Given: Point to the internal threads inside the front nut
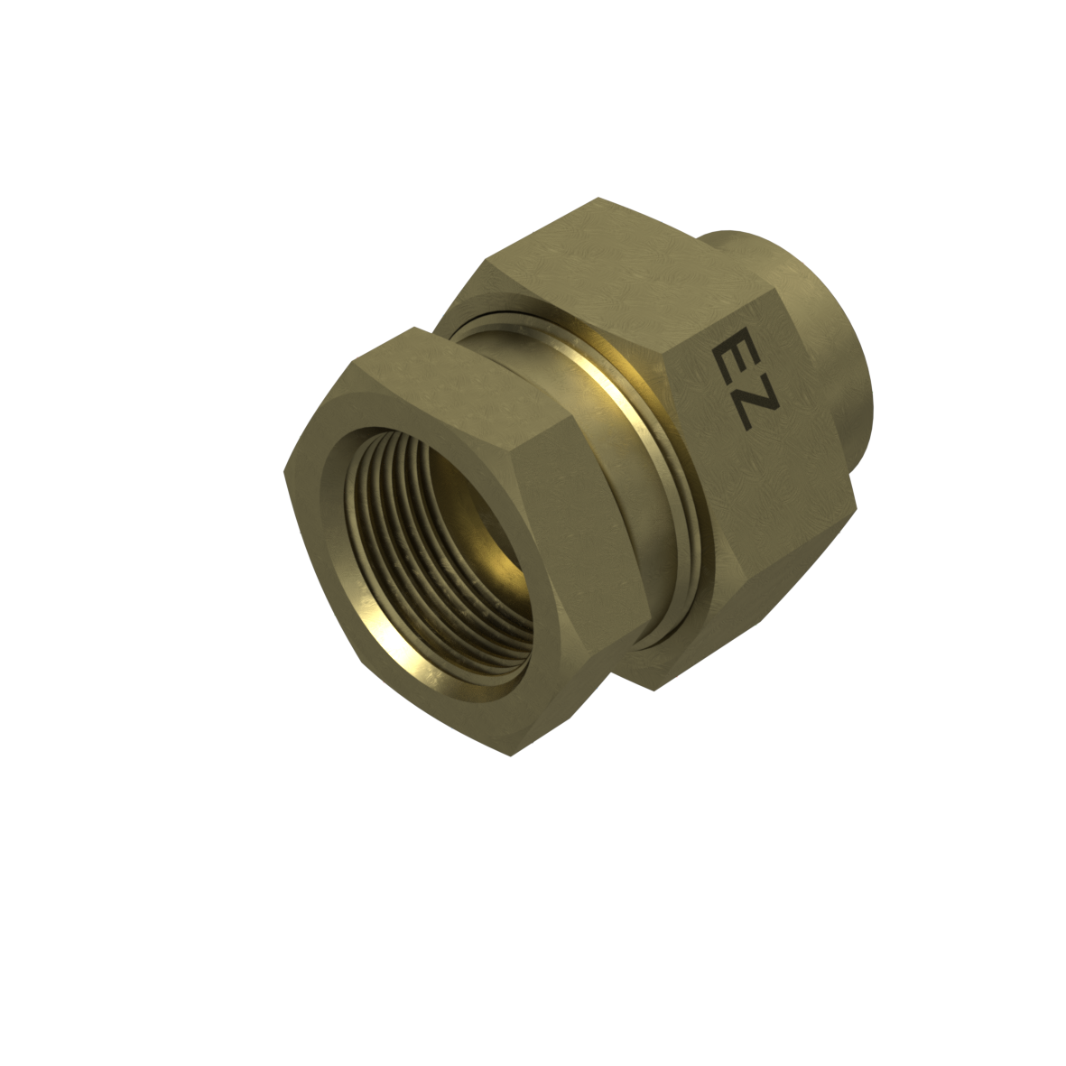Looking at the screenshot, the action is coord(408,537).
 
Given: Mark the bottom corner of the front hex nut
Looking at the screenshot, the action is coord(510,756).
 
